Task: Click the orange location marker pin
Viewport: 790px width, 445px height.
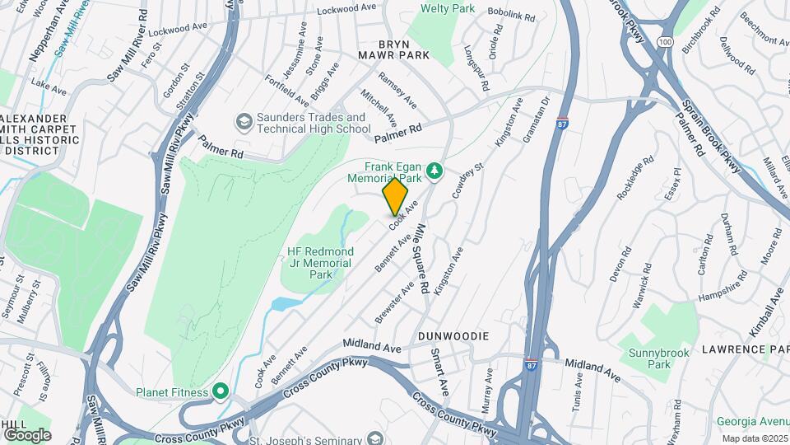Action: pyautogui.click(x=395, y=196)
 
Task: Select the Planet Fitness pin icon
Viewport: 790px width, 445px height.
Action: pyautogui.click(x=220, y=391)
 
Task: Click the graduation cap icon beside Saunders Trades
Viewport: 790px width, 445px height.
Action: pyautogui.click(x=244, y=123)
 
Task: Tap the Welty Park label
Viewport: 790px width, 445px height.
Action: pyautogui.click(x=448, y=9)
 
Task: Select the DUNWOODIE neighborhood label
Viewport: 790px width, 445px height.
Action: pyautogui.click(x=453, y=336)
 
